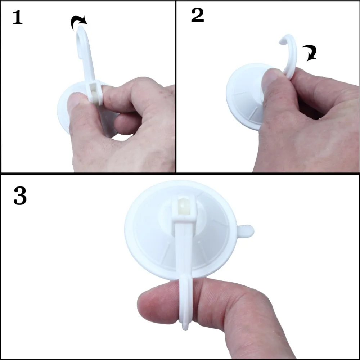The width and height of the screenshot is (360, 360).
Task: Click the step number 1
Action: click(x=18, y=18)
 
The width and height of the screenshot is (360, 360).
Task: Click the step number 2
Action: click(x=197, y=15)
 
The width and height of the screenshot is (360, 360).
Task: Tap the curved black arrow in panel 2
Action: click(x=309, y=53)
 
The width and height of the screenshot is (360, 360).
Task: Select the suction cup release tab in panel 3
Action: click(x=246, y=231)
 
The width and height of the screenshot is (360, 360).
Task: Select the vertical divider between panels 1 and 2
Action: click(x=175, y=86)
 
